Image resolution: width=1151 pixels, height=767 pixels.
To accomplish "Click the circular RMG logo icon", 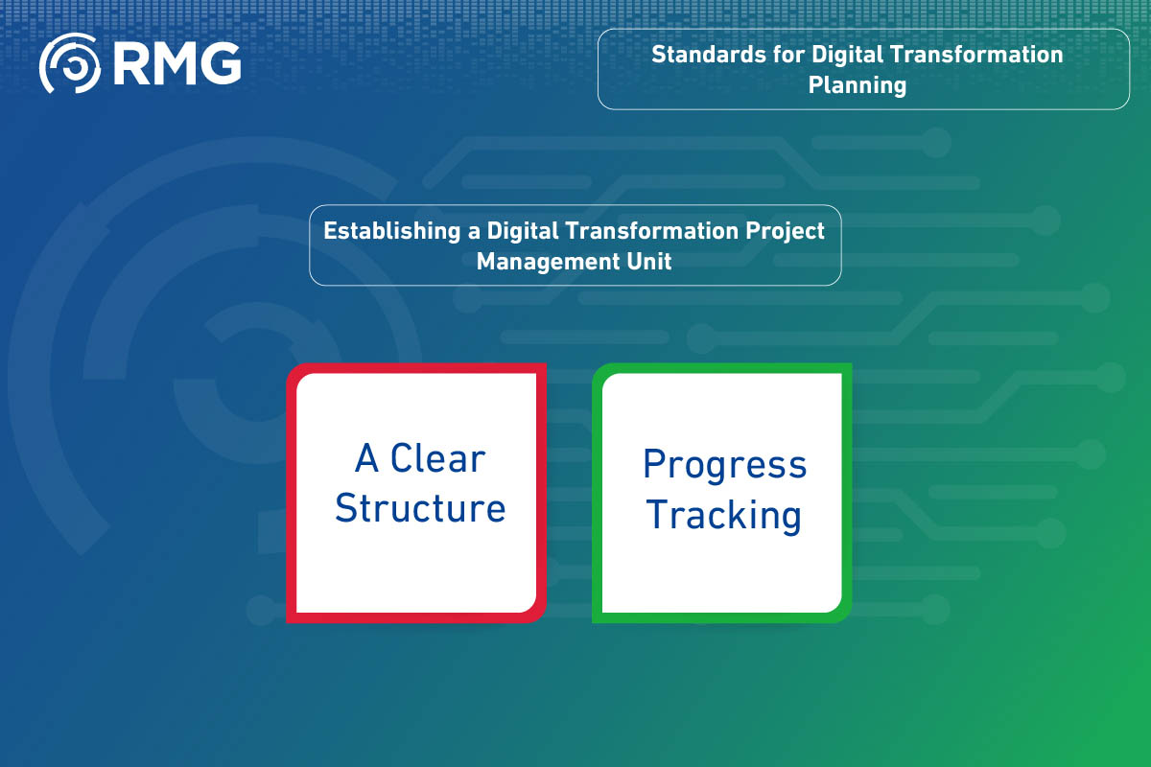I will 69,63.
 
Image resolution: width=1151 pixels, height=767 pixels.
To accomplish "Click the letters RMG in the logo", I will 176,63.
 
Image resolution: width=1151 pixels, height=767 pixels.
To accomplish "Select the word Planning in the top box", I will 857,85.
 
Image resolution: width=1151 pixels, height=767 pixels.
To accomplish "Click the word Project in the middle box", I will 788,231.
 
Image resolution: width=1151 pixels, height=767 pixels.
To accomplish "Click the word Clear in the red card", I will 437,459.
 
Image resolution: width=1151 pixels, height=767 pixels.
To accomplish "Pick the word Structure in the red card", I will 420,508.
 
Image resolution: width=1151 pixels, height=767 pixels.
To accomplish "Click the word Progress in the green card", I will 724,466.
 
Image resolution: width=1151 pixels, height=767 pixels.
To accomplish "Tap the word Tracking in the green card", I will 724,516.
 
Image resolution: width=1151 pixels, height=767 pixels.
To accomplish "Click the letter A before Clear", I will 366,459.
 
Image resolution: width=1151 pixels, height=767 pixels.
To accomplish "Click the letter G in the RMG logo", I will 218,63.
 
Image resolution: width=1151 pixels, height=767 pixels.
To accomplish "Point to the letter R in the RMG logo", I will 129,63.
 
